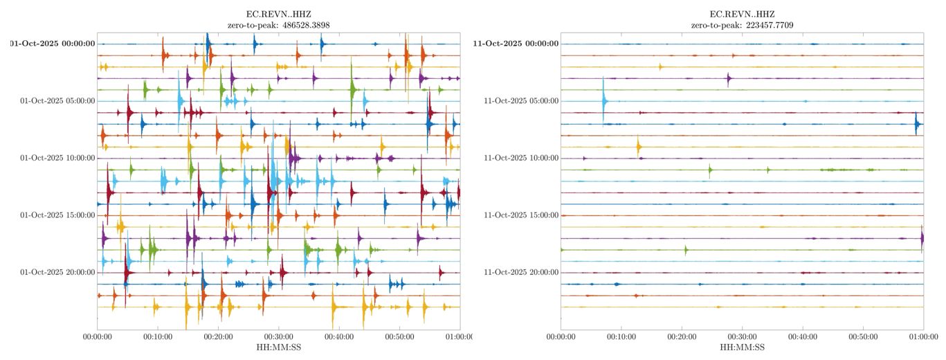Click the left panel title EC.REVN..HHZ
(x=278, y=14)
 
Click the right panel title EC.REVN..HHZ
(x=742, y=14)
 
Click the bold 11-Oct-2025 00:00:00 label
(x=516, y=44)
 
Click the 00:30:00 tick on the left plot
(x=278, y=337)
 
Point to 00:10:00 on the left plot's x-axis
(x=157, y=337)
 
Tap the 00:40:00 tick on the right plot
(x=803, y=337)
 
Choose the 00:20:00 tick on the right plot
(x=682, y=337)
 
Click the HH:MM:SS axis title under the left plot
(x=278, y=348)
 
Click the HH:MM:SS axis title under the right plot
(x=742, y=348)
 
